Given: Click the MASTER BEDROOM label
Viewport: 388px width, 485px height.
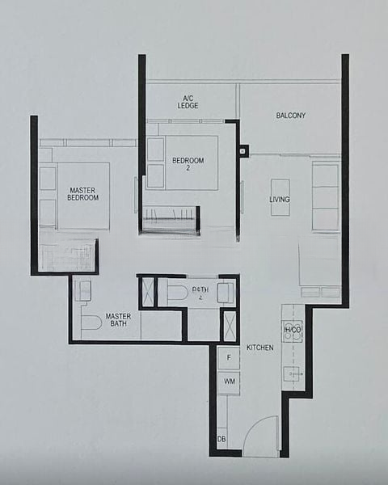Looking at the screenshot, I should point(83,193).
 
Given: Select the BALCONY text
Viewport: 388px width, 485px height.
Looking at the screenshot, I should point(290,116).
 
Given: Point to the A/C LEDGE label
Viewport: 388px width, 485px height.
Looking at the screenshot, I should point(188,103).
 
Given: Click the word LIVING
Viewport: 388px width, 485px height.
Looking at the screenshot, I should point(280,199).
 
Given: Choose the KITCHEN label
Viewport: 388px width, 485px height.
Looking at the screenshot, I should point(260,348).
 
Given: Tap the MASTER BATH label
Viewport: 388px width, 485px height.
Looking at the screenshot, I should point(118,320).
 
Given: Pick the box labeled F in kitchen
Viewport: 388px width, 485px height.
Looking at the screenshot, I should point(229,357).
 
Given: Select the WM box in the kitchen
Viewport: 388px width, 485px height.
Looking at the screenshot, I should point(229,381).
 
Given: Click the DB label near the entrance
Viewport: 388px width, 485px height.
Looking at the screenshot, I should point(221,439).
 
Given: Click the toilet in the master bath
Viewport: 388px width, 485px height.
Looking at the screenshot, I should point(91,323).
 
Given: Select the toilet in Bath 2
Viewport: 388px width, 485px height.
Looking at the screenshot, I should point(177,293).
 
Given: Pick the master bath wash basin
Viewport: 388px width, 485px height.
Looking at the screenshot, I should point(83,291).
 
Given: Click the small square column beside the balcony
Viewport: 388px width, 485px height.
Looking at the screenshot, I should point(243,150).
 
